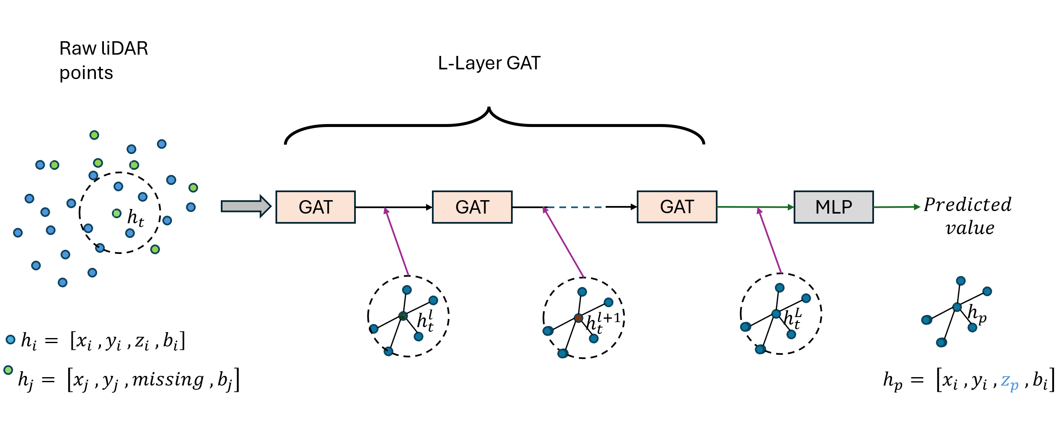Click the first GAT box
(x=315, y=207)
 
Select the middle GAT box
(x=472, y=207)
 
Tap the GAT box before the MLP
(x=677, y=206)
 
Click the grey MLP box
(x=833, y=207)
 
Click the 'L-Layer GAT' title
(x=489, y=63)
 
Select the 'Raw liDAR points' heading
(x=103, y=61)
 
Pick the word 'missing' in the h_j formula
(x=168, y=380)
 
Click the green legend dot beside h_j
(x=8, y=370)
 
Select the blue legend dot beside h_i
(x=11, y=339)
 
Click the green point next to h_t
(x=117, y=214)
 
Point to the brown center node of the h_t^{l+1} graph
(x=578, y=318)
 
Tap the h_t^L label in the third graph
(x=793, y=318)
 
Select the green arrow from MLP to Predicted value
(x=896, y=207)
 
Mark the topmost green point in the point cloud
(x=94, y=135)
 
